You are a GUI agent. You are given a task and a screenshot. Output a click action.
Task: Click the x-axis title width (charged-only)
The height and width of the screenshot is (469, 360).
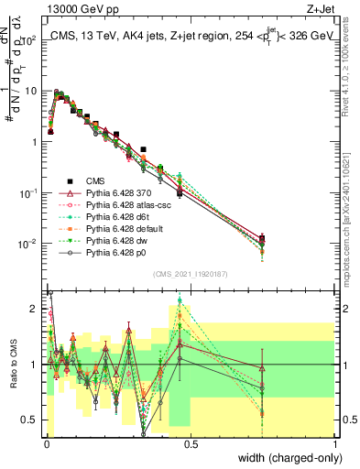(x=289, y=457)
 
